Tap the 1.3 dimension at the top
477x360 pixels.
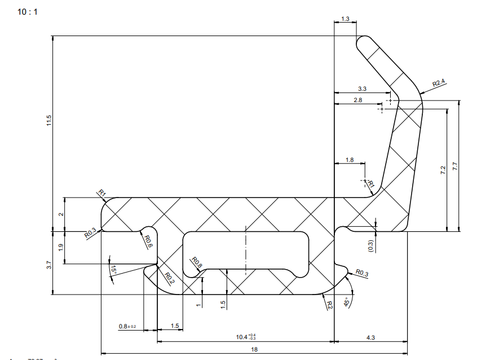pyautogui.click(x=345, y=19)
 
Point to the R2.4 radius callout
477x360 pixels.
pyautogui.click(x=439, y=83)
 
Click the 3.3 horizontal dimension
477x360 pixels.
pyautogui.click(x=362, y=89)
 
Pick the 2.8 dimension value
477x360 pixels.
pyautogui.click(x=357, y=100)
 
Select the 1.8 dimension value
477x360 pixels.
pyautogui.click(x=349, y=160)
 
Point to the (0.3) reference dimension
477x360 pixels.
pyautogui.click(x=370, y=245)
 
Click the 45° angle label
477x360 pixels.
pyautogui.click(x=347, y=302)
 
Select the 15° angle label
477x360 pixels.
pyautogui.click(x=113, y=271)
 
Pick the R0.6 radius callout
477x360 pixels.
pyautogui.click(x=148, y=243)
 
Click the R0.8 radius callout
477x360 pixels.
pyautogui.click(x=196, y=264)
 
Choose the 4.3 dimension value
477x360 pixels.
pyautogui.click(x=370, y=337)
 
